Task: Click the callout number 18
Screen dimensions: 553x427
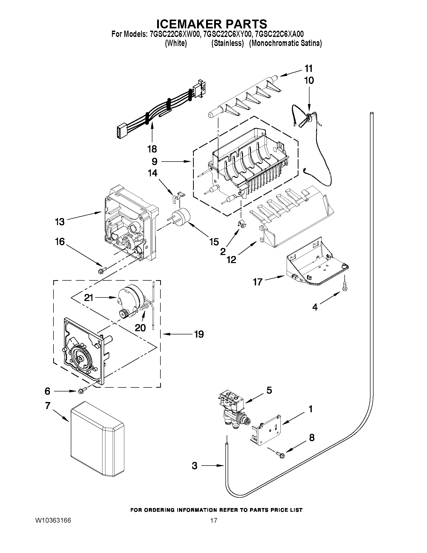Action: coord(152,149)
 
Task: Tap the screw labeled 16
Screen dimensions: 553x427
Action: coord(102,270)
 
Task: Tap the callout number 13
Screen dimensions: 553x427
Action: coord(60,222)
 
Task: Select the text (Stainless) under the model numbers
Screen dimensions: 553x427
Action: coord(227,43)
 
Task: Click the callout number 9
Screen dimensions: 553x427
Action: coord(154,161)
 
